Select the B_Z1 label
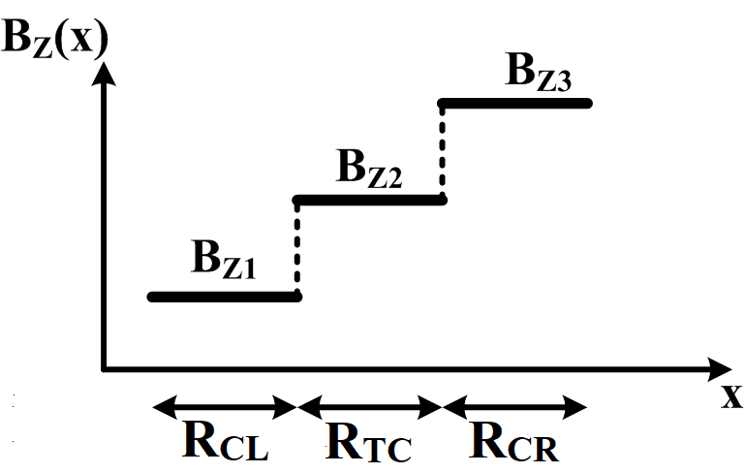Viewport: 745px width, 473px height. click(x=224, y=261)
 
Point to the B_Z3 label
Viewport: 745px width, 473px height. click(x=539, y=72)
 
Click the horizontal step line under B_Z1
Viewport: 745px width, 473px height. click(x=224, y=297)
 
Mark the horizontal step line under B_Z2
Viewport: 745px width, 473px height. click(x=369, y=201)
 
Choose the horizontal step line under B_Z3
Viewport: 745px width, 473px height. click(x=515, y=103)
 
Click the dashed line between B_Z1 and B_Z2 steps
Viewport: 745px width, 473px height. click(x=297, y=249)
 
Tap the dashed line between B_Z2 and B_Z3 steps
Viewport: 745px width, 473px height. click(x=443, y=152)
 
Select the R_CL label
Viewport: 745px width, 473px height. click(x=225, y=441)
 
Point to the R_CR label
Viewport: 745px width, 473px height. click(x=514, y=441)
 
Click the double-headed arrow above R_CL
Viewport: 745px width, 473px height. click(x=224, y=406)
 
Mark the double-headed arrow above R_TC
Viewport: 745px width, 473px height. click(x=369, y=406)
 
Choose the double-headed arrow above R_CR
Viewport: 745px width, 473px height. click(x=514, y=406)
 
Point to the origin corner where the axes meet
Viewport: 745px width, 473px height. click(x=103, y=369)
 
